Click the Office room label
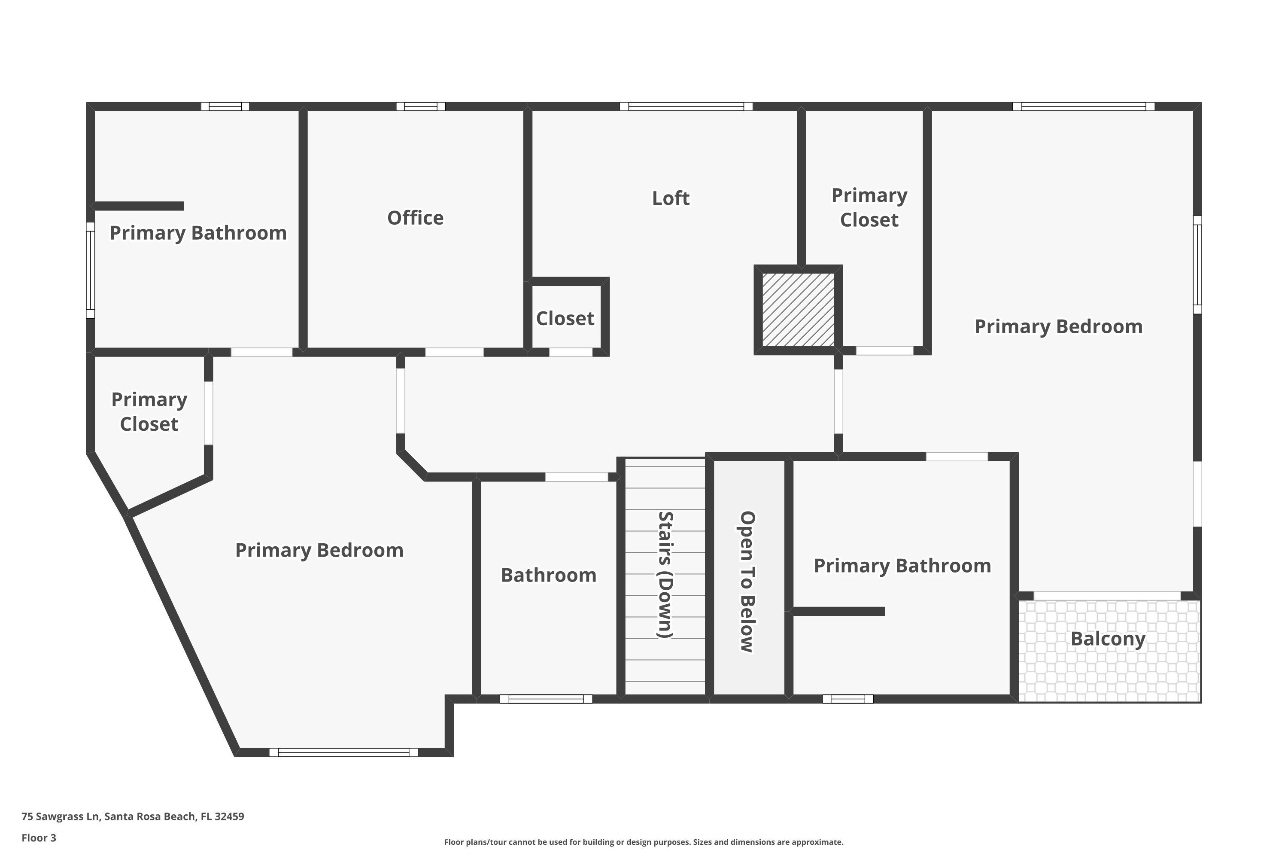tap(415, 218)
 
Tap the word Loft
tap(670, 198)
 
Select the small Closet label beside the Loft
tap(565, 319)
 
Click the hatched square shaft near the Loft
tap(798, 310)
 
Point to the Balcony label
tap(1107, 640)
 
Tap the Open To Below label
tap(747, 582)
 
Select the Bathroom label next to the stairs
tap(548, 575)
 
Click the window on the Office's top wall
tap(421, 106)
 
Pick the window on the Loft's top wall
tap(686, 106)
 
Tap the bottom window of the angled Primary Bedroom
tap(343, 753)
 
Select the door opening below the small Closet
tap(571, 352)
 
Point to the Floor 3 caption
tap(39, 838)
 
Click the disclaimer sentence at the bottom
tap(644, 842)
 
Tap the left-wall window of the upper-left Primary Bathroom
tap(90, 270)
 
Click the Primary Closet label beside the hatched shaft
tap(869, 207)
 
